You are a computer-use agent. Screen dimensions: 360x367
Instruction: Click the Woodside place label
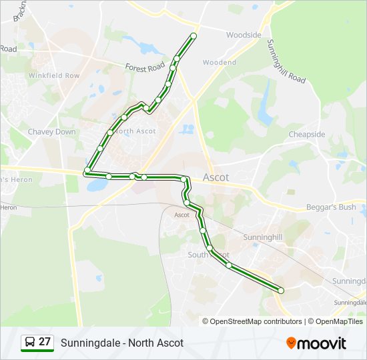tap(244, 35)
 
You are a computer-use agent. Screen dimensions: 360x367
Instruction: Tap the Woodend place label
tap(220, 63)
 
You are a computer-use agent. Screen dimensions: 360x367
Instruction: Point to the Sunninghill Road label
tap(286, 61)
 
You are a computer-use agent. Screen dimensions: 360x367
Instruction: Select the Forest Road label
tap(145, 67)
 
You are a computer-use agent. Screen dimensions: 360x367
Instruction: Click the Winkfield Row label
tap(53, 76)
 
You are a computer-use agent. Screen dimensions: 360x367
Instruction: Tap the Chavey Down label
tap(51, 132)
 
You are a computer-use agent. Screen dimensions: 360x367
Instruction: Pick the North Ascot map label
tap(136, 131)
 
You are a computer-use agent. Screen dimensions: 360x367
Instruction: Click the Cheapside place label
tap(307, 135)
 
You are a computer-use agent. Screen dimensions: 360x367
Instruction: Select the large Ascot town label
tap(215, 178)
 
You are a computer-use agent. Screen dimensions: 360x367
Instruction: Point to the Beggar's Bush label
tap(331, 207)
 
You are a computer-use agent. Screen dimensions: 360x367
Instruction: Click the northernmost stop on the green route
tap(194, 35)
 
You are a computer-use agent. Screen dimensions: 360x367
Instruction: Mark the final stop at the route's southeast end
tap(281, 290)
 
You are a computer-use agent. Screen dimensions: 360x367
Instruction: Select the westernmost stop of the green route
tap(87, 172)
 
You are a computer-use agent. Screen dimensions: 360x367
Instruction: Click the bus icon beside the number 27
tap(29, 343)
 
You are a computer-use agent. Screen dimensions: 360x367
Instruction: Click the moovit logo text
tap(322, 343)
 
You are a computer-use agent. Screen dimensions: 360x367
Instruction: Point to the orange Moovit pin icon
tap(291, 343)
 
